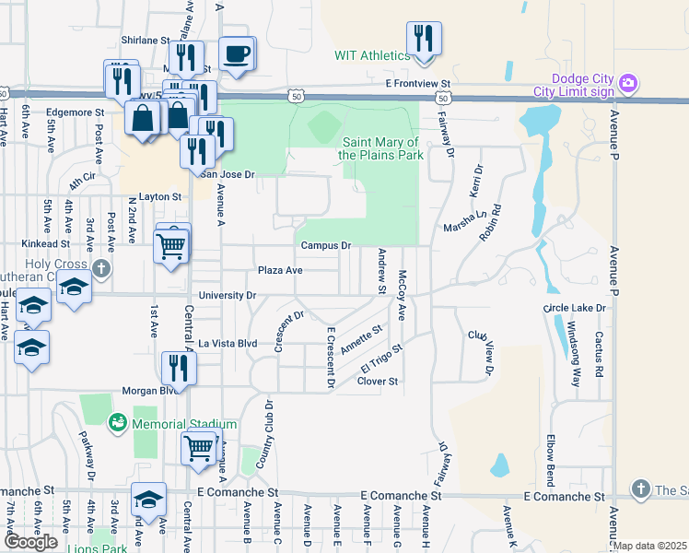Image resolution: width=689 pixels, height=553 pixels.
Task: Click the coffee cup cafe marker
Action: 237,53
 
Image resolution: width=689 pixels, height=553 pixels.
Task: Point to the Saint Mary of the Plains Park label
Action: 382,148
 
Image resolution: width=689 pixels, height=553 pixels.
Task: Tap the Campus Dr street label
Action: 326,246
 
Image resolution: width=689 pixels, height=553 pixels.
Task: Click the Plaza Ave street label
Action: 280,271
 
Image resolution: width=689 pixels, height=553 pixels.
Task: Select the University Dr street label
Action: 227,296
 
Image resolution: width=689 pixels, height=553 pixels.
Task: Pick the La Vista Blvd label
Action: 228,344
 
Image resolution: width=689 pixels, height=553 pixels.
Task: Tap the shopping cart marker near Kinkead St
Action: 172,245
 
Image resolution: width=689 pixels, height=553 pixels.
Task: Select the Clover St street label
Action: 377,381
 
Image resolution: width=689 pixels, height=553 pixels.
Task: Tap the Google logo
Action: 30,542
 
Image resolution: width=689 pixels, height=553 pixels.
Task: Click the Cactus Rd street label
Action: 599,356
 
